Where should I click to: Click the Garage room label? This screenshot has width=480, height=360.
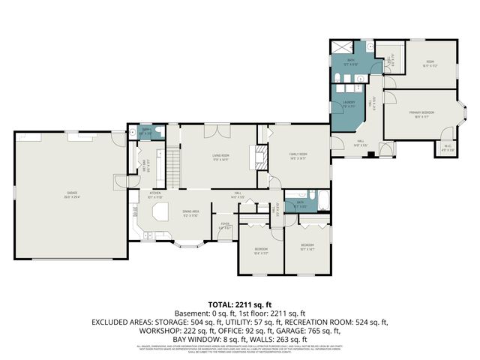[x=72, y=194]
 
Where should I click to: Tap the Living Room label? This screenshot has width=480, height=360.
[x=220, y=157]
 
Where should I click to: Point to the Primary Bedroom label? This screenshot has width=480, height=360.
[x=419, y=114]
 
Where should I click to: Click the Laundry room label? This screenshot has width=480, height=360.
[x=349, y=104]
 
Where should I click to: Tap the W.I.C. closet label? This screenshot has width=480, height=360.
[x=447, y=147]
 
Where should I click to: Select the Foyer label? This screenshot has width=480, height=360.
[x=224, y=223]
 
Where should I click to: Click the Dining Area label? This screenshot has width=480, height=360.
[x=190, y=213]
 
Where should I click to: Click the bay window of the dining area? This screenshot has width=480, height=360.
[x=187, y=244]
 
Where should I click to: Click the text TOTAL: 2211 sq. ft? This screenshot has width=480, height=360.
[x=240, y=304]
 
